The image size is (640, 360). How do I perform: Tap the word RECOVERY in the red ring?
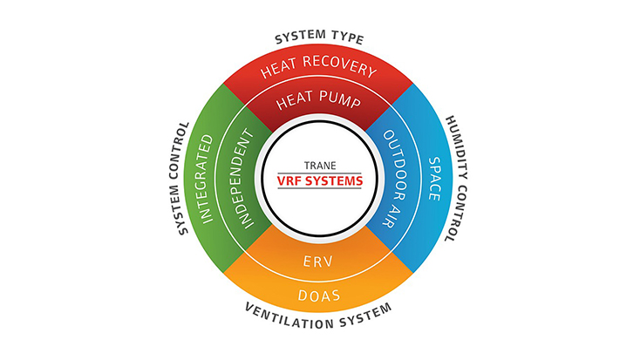coord(339,65)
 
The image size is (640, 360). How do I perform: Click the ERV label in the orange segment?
coord(318,262)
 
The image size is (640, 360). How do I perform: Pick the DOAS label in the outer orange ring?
coord(319,295)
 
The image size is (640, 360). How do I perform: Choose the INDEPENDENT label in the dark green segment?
coord(244,179)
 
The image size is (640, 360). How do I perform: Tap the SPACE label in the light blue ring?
coord(434,179)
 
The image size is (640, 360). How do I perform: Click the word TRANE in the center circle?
coord(320,166)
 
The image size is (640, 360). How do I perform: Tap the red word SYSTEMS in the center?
coord(333,180)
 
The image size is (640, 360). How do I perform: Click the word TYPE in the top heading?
coord(347,37)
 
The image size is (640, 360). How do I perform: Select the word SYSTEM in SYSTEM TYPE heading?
coord(300,37)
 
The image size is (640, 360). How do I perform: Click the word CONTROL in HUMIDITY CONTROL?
coord(458,213)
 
